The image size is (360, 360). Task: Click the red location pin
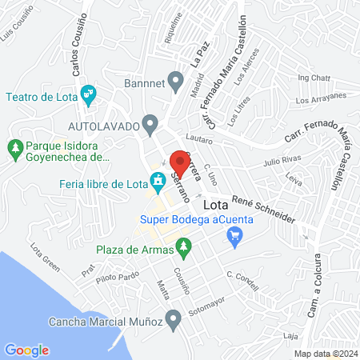(x=178, y=158)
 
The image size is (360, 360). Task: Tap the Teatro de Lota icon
(x=89, y=94)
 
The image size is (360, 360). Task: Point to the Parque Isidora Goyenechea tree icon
(x=14, y=147)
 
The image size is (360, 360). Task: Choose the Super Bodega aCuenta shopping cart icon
(x=234, y=235)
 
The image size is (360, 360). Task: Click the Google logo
(x=27, y=350)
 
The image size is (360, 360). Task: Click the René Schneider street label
(x=263, y=208)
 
